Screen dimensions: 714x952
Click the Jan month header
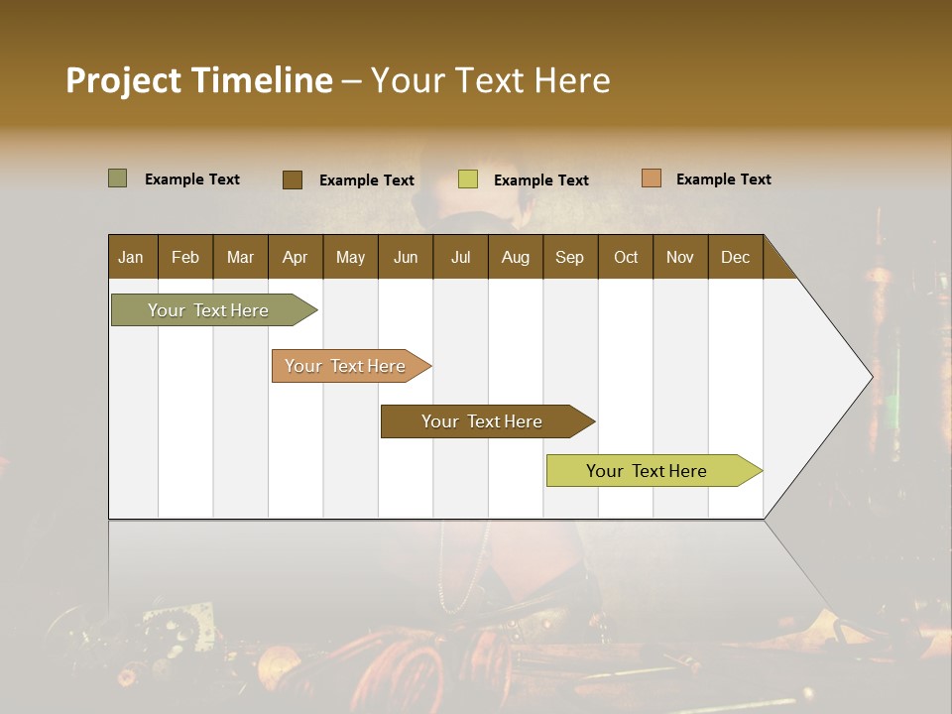[x=132, y=257]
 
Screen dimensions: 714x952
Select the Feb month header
[x=185, y=257]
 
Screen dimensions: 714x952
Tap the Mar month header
[x=240, y=257]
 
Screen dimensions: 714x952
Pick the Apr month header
[x=296, y=257]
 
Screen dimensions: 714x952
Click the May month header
[x=350, y=257]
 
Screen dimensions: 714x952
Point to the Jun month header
[x=406, y=257]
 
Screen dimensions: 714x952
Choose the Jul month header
[x=460, y=257]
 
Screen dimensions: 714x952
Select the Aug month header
[x=515, y=257]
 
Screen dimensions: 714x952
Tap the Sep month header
[x=569, y=257]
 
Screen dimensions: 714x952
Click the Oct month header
[x=626, y=257]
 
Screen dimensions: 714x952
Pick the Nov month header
[x=680, y=257]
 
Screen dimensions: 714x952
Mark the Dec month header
[x=735, y=257]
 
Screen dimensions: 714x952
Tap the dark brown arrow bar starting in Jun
[x=483, y=421]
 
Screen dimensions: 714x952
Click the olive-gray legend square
[x=117, y=178]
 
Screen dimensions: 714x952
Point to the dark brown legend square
[x=293, y=179]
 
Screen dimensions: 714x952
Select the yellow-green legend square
[x=468, y=179]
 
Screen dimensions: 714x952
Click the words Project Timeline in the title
[x=198, y=80]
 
